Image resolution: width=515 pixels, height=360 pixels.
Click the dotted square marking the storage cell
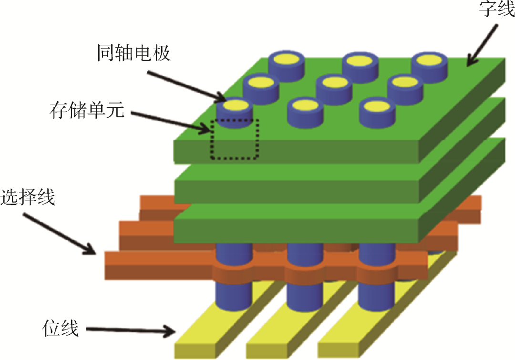tap(235, 139)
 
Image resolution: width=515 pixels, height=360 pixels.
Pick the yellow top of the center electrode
tap(334, 82)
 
